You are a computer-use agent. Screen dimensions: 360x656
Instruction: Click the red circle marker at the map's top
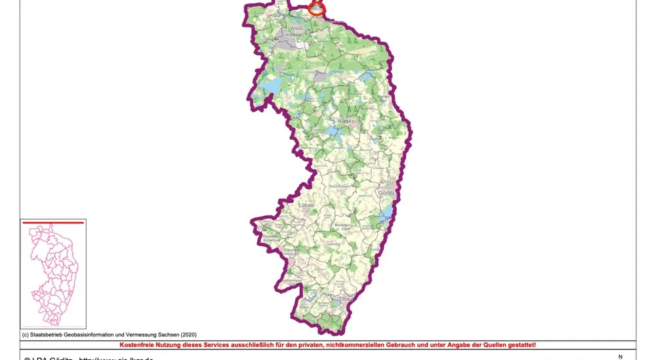click(317, 9)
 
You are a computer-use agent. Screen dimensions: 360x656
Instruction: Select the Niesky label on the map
click(346, 123)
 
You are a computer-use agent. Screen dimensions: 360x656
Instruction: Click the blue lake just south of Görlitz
click(387, 211)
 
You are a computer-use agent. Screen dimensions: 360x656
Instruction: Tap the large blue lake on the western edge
click(272, 85)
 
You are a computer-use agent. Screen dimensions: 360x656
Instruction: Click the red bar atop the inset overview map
click(53, 223)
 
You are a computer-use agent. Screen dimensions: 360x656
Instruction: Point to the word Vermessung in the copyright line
click(137, 334)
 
